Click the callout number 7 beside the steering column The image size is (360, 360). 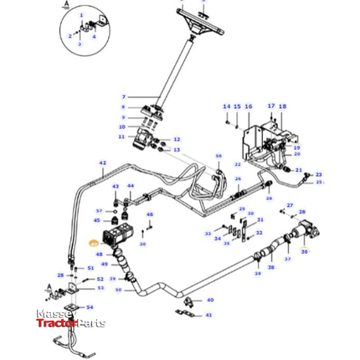122,98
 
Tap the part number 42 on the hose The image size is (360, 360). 103,162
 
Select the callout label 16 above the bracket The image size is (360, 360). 249,106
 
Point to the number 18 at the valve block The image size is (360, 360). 282,106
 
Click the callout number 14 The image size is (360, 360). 226,106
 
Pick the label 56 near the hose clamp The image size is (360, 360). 219,157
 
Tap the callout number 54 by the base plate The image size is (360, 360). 90,307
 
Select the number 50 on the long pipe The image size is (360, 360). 118,290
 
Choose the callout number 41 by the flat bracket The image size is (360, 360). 209,316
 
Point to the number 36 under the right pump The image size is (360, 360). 305,251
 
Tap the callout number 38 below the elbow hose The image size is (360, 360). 270,267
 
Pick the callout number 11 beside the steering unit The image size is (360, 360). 121,136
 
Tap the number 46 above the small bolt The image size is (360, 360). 151,215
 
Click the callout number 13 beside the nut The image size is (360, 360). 177,150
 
